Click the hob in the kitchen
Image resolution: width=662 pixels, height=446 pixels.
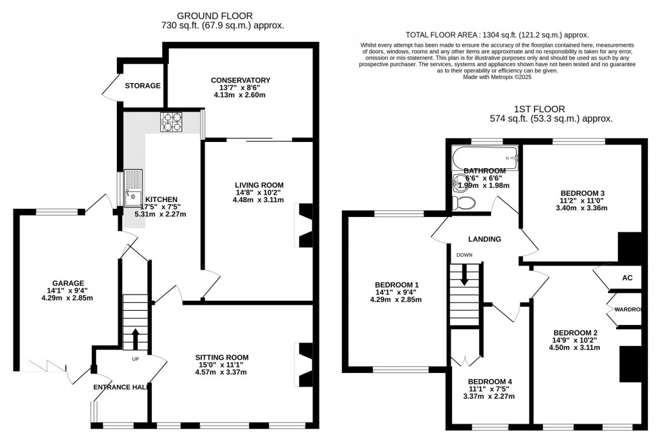click(x=171, y=122)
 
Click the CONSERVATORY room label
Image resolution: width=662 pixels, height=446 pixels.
click(x=240, y=80)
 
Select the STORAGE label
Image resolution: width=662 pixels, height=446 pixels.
click(x=143, y=86)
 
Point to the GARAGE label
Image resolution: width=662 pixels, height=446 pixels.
click(x=68, y=283)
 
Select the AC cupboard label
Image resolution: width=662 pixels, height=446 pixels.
click(x=627, y=278)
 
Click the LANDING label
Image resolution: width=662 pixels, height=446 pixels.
click(x=485, y=239)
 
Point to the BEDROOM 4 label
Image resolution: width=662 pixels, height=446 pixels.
click(x=490, y=382)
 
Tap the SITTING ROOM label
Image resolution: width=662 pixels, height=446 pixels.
click(x=222, y=357)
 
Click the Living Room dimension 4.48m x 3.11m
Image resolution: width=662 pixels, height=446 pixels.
click(x=259, y=200)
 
